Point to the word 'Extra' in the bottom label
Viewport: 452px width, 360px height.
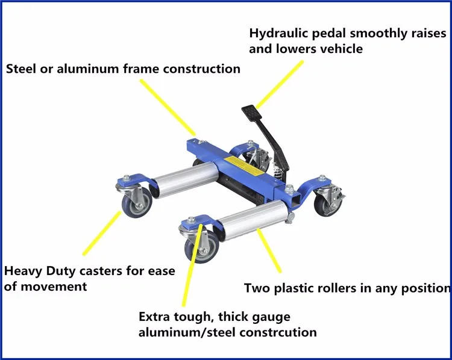point(154,317)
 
